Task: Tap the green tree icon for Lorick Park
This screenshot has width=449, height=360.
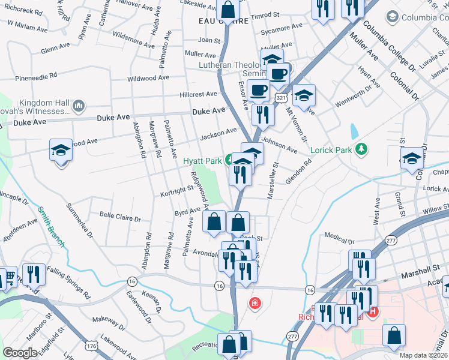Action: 361,149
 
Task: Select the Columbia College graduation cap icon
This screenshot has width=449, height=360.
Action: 393,17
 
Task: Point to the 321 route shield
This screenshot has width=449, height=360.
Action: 281,97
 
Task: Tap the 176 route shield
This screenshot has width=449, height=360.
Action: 91,346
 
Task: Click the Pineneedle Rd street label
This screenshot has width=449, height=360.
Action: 36,76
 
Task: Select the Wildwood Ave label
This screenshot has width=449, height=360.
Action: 148,78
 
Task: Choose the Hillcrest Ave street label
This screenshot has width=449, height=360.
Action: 198,94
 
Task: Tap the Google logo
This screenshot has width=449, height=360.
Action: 20,353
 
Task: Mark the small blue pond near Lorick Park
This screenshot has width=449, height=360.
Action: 354,130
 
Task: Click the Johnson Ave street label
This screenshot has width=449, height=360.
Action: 279,145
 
